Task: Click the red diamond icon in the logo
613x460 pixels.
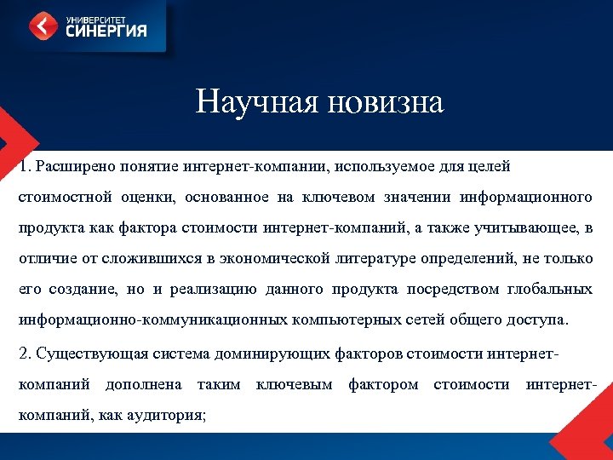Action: [x=42, y=26]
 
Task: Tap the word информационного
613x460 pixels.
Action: [x=526, y=198]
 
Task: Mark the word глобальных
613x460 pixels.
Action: [x=550, y=290]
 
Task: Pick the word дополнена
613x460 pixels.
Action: [x=143, y=385]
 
